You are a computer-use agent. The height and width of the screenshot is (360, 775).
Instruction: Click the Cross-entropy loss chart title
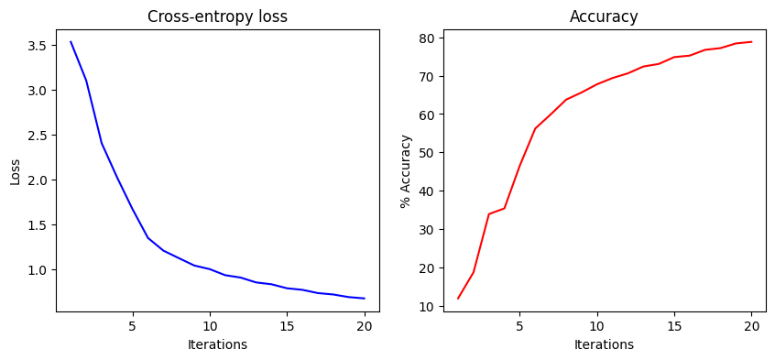pyautogui.click(x=217, y=16)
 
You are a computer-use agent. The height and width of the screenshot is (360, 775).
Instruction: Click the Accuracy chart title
pyautogui.click(x=604, y=16)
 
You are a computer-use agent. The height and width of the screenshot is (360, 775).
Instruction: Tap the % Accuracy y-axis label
pyautogui.click(x=406, y=171)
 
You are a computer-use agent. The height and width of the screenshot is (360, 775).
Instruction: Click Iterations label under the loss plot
pyautogui.click(x=217, y=344)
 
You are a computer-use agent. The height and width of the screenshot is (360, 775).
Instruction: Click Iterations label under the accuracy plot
pyautogui.click(x=604, y=344)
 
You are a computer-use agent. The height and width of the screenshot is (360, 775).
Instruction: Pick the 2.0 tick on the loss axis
pyautogui.click(x=37, y=180)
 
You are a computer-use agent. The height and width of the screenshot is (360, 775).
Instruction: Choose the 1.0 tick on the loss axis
pyautogui.click(x=37, y=270)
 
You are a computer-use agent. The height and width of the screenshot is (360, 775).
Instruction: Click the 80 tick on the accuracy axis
pyautogui.click(x=427, y=38)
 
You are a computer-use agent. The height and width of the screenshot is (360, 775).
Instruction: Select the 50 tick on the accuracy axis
pyautogui.click(x=427, y=153)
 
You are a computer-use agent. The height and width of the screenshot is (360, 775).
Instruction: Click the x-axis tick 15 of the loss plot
pyautogui.click(x=287, y=326)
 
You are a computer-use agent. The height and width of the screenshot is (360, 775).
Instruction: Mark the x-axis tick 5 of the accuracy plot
pyautogui.click(x=519, y=326)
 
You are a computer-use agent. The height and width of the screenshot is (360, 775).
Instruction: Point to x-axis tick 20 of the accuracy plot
pyautogui.click(x=751, y=326)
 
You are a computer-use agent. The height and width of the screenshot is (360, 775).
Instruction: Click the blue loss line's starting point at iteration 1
pyautogui.click(x=71, y=42)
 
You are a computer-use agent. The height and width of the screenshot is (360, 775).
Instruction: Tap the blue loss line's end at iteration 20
pyautogui.click(x=365, y=299)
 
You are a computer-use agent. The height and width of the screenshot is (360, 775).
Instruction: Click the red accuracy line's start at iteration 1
pyautogui.click(x=458, y=299)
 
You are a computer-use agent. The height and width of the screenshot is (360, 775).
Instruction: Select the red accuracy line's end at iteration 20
pyautogui.click(x=751, y=41)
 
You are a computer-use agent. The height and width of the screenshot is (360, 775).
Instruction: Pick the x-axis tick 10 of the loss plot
pyautogui.click(x=210, y=326)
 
